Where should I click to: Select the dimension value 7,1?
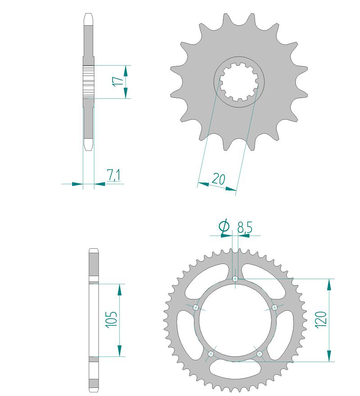pyautogui.click(x=113, y=175)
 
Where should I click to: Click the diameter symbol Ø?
pyautogui.click(x=224, y=227)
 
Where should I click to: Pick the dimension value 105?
pyautogui.click(x=112, y=319)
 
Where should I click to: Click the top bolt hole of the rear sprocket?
pyautogui.click(x=235, y=279)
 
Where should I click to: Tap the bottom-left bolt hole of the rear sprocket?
pyautogui.click(x=210, y=354)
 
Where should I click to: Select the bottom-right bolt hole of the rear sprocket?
pyautogui.click(x=260, y=354)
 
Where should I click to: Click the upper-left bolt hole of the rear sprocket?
pyautogui.click(x=195, y=307)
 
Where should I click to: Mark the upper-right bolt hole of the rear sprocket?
pyautogui.click(x=274, y=307)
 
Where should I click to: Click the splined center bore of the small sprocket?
pyautogui.click(x=238, y=82)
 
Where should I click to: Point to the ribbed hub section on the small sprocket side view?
pyautogui.click(x=88, y=81)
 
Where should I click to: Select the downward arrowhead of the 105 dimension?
pyautogui.click(x=120, y=351)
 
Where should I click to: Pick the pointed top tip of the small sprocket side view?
pyautogui.click(x=88, y=17)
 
